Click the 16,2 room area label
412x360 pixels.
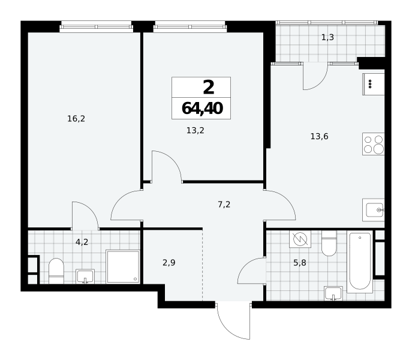(76, 119)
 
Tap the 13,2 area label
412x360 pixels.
(196, 130)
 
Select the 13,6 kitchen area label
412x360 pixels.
(319, 136)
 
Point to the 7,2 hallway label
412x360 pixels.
(224, 205)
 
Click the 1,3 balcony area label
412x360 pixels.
(327, 37)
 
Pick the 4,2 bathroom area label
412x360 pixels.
(82, 242)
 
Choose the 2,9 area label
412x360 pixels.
(169, 262)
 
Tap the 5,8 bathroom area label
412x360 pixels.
(300, 262)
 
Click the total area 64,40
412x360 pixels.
(202, 109)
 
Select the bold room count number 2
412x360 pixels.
(209, 88)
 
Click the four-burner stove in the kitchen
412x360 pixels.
(374, 144)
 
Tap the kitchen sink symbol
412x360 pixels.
(374, 210)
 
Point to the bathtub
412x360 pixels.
(360, 262)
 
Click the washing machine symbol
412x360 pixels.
(300, 239)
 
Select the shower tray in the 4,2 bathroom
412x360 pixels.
(123, 266)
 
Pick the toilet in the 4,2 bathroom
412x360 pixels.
(56, 271)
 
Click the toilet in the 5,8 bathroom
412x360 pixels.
(329, 243)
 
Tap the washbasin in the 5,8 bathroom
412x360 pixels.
(333, 293)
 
